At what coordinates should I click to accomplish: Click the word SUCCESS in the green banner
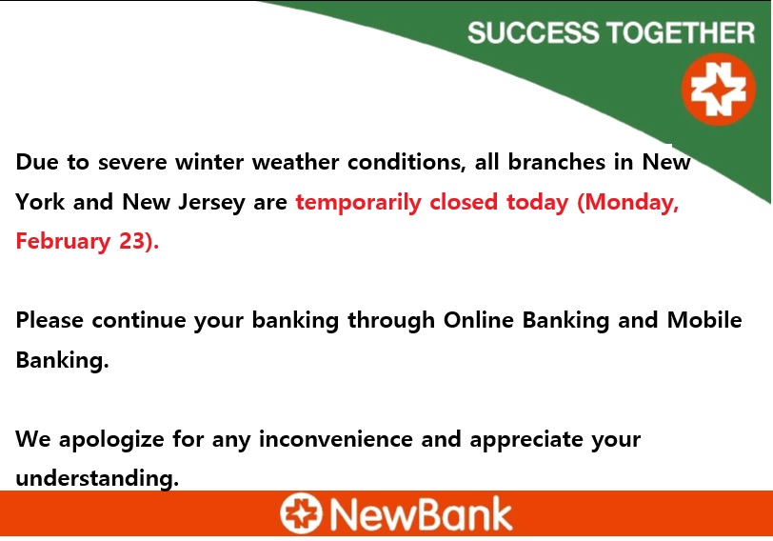coord(533,32)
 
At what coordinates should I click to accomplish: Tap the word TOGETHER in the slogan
coord(681,32)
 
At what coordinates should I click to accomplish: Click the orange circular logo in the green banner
coord(719,90)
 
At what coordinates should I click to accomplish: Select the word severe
coord(132,162)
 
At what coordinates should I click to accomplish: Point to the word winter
coord(209,162)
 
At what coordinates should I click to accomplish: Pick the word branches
coord(557,161)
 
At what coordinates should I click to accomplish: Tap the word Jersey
coord(211,203)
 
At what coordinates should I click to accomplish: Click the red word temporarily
coord(358,203)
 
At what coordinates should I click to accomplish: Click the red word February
coord(63,242)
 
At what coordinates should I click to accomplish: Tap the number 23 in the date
coord(131,241)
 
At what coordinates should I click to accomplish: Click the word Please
coord(50,320)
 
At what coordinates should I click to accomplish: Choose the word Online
coord(479,320)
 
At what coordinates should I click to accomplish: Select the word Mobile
coord(704,320)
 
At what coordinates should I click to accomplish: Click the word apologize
coord(111,440)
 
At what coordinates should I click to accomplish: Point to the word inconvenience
coord(336,439)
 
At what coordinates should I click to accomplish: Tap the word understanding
coord(97,478)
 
